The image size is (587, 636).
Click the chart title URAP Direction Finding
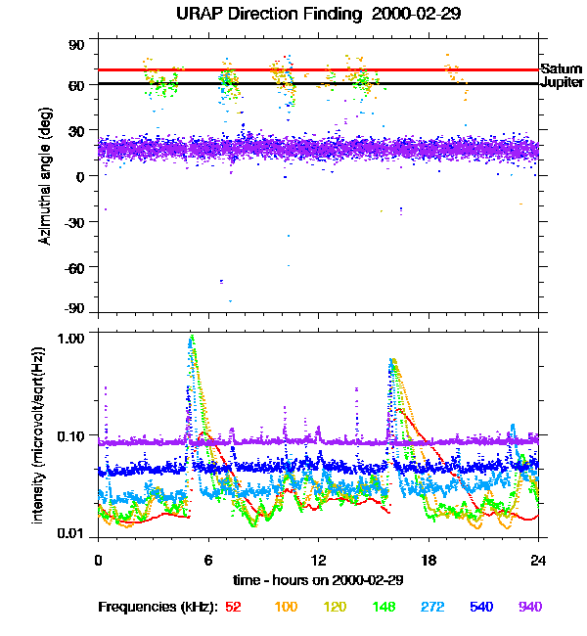tap(264, 15)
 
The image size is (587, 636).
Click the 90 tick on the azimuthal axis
tap(76, 45)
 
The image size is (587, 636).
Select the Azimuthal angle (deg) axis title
tap(45, 176)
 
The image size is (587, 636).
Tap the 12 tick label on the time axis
tap(318, 561)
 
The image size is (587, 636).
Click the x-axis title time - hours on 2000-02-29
tap(318, 580)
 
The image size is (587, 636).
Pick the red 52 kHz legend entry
tap(233, 608)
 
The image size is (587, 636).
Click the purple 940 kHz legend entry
tap(529, 608)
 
